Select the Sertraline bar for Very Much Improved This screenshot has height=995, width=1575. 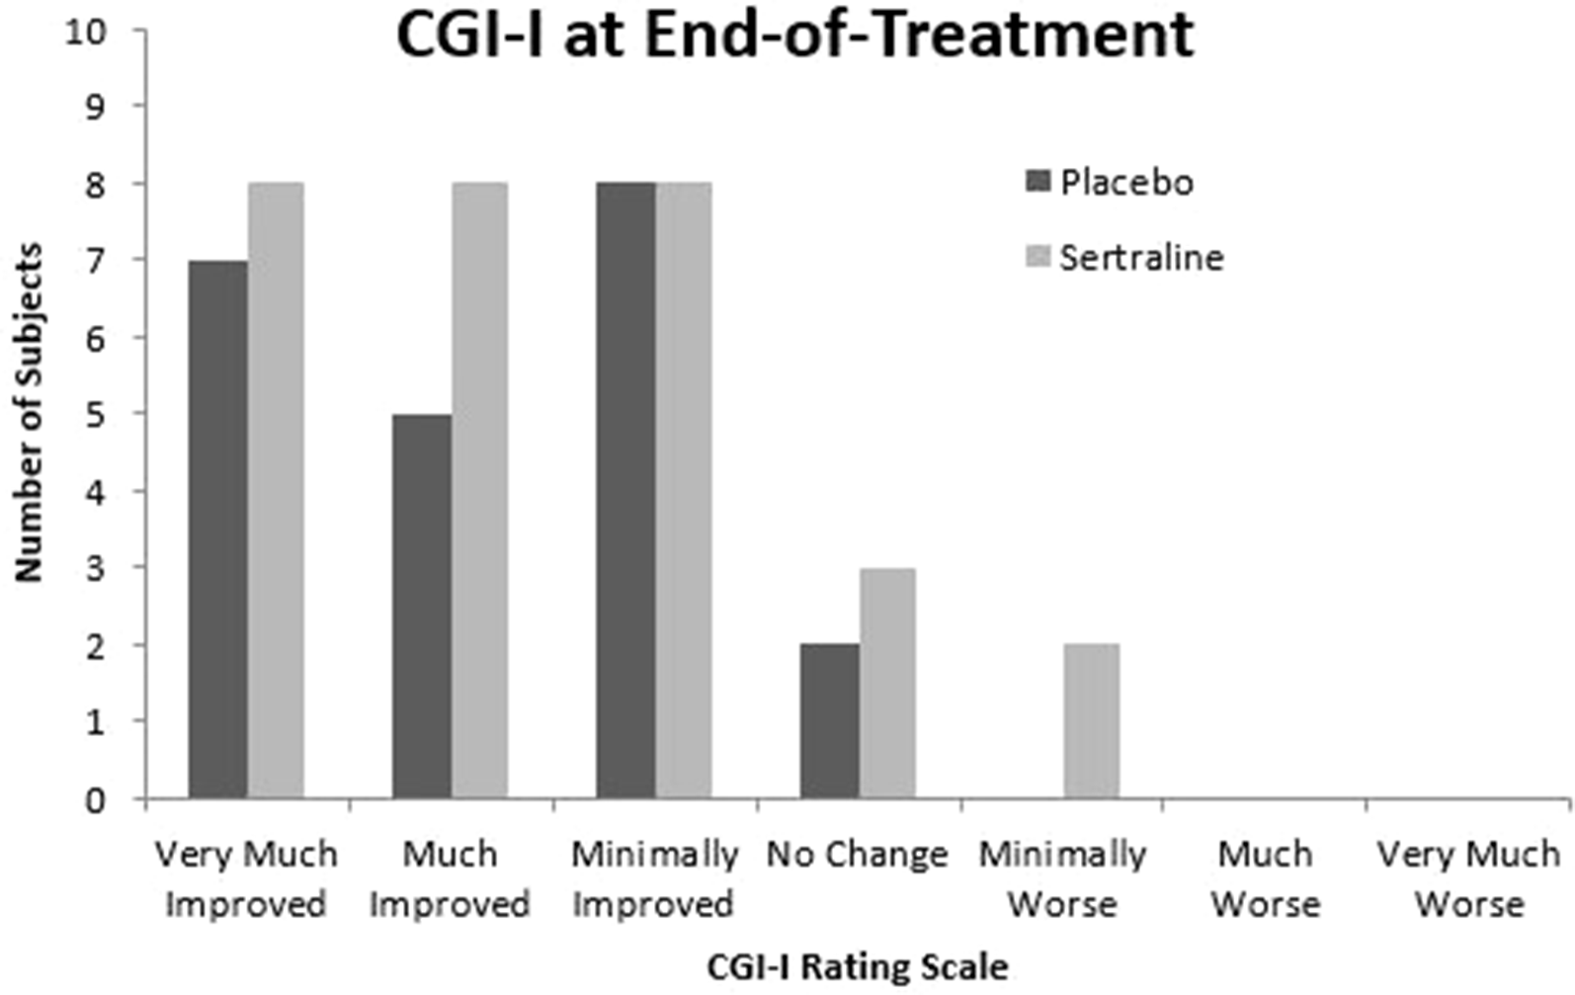tap(276, 490)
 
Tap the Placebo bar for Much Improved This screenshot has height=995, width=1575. tap(422, 606)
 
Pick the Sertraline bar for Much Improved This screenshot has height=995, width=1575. tap(479, 490)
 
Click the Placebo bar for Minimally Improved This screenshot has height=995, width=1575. tap(625, 490)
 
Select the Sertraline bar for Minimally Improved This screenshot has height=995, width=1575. tap(684, 490)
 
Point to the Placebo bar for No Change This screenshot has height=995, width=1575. tap(830, 721)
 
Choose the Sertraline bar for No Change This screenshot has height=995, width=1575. tap(887, 683)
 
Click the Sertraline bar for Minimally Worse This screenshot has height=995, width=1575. tap(1092, 721)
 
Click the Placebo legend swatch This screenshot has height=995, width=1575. tap(1037, 182)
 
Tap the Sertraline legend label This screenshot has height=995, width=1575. tap(1141, 258)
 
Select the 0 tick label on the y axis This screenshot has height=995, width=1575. tap(95, 799)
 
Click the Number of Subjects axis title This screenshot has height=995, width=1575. tap(29, 413)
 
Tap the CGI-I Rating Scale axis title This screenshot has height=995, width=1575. tap(858, 966)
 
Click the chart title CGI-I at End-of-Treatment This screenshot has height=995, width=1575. tap(795, 36)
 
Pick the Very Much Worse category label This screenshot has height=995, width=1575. tap(1469, 878)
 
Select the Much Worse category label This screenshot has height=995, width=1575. tap(1266, 878)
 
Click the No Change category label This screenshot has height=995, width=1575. tap(857, 855)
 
